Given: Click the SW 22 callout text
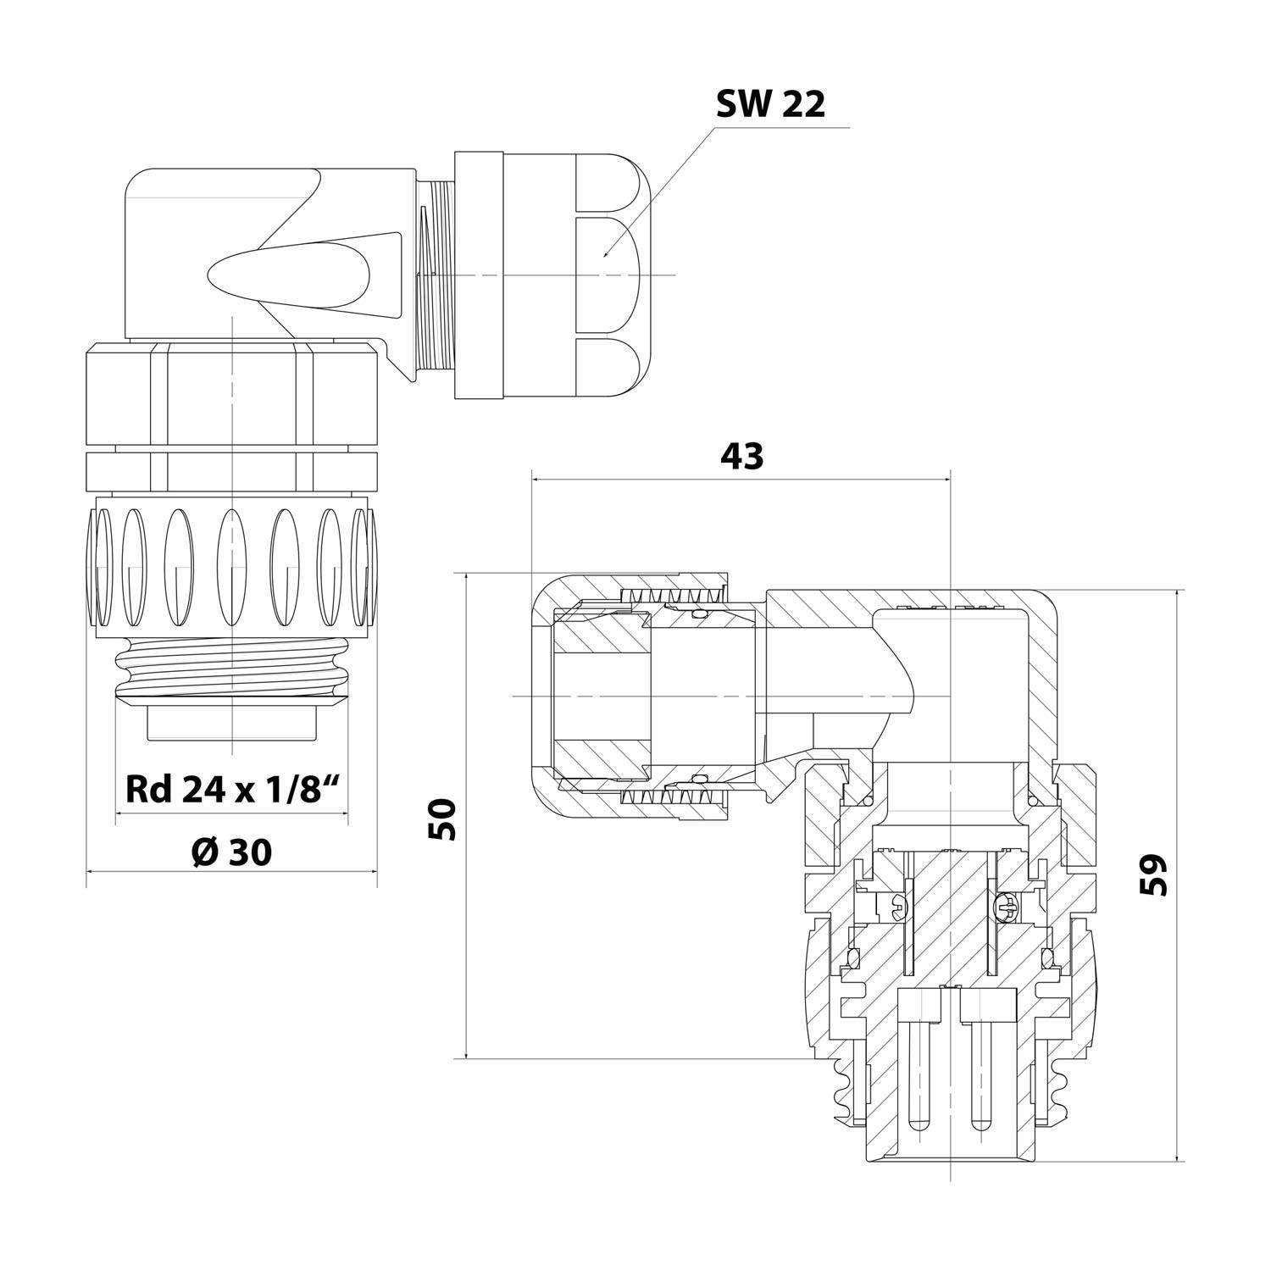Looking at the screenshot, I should click(x=769, y=104).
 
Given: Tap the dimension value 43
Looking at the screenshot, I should click(x=741, y=456).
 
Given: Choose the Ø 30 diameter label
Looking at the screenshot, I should click(x=232, y=852).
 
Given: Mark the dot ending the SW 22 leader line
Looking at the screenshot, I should click(x=603, y=253).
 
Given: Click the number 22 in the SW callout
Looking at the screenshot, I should click(x=802, y=104).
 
